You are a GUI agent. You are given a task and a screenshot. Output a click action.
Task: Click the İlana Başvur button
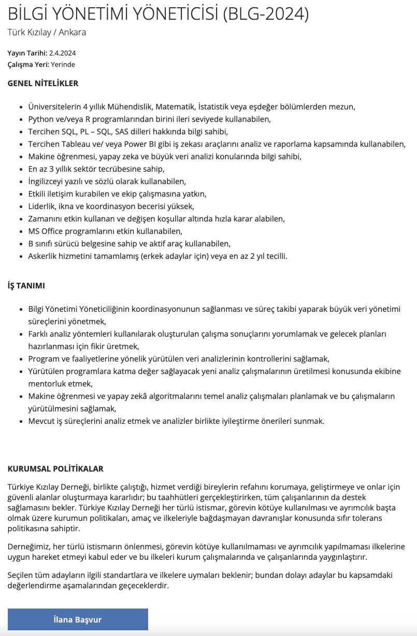78,619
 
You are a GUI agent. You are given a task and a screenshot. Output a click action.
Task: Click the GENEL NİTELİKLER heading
43,83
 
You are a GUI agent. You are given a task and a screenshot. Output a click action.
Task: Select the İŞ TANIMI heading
26,285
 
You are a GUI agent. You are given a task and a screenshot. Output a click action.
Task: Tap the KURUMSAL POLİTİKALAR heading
55,468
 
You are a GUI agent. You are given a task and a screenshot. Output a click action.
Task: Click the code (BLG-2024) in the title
266,14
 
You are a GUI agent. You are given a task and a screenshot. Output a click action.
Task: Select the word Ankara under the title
73,32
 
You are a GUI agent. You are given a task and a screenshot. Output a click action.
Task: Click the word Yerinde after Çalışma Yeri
63,64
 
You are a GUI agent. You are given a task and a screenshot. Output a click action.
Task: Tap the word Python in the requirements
41,119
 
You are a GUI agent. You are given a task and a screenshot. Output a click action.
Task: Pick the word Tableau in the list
76,144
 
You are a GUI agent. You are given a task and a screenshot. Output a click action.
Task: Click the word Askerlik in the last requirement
44,256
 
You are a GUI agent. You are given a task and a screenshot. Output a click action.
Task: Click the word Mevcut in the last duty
41,421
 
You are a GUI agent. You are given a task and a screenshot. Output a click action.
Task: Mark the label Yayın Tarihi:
27,53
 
